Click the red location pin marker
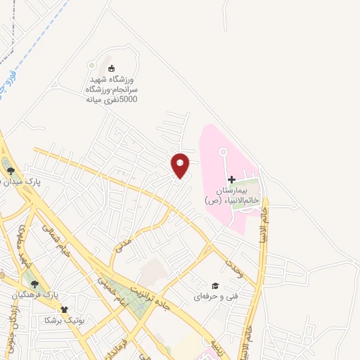pyautogui.click(x=180, y=165)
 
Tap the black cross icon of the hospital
pyautogui.click(x=231, y=179)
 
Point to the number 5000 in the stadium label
pyautogui.click(x=127, y=100)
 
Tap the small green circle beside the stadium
pyautogui.click(x=91, y=65)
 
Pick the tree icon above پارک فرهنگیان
pyautogui.click(x=34, y=283)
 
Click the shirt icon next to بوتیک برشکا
pyautogui.click(x=65, y=309)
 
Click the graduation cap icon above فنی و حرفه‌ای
pyautogui.click(x=215, y=285)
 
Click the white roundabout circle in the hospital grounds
pyautogui.click(x=223, y=152)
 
